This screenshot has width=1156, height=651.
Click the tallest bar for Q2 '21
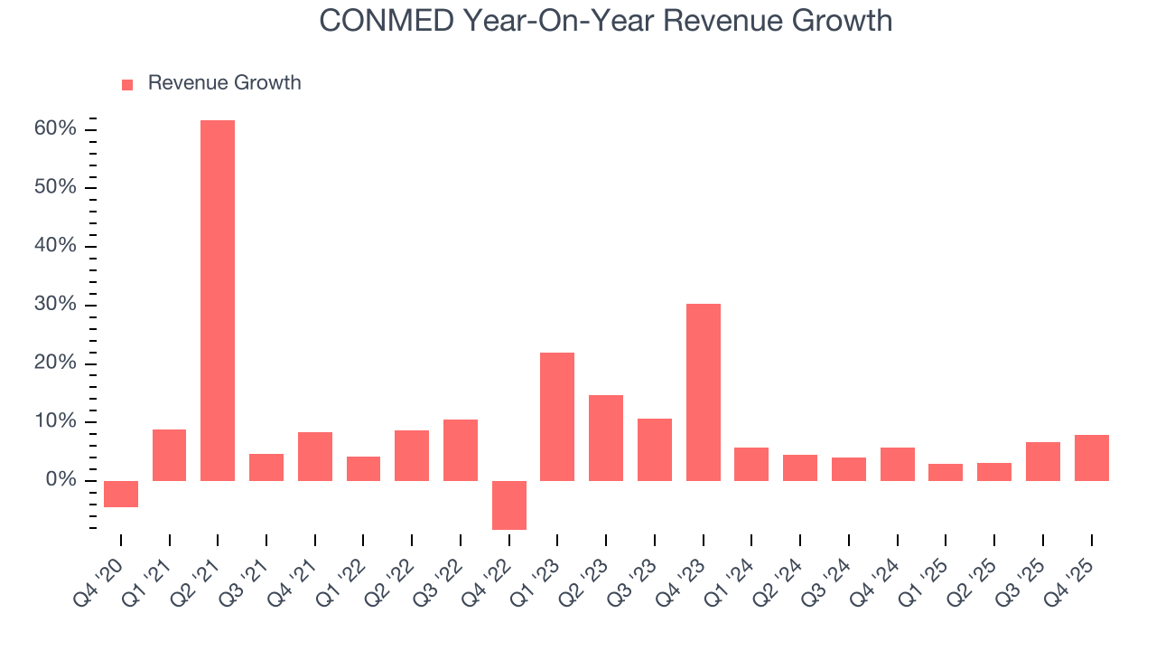click(x=218, y=300)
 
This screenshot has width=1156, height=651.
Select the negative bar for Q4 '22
click(x=509, y=505)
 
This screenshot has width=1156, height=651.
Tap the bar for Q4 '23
click(x=704, y=392)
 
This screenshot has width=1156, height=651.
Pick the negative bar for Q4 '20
click(x=121, y=494)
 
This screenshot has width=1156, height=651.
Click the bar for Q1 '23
click(x=557, y=416)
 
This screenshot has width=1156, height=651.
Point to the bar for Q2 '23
click(x=606, y=438)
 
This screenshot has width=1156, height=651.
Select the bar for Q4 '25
click(x=1092, y=458)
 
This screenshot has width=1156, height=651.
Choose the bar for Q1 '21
click(x=170, y=455)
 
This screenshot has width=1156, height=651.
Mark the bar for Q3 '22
click(x=461, y=449)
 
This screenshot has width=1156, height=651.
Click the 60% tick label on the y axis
click(x=55, y=129)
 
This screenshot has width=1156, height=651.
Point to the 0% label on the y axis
click(x=61, y=480)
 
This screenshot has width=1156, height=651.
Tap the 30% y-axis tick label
click(x=55, y=305)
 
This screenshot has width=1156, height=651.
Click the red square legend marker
click(x=127, y=84)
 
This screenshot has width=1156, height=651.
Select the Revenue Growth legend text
click(x=224, y=83)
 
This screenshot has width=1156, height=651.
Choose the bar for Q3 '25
click(x=1043, y=461)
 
